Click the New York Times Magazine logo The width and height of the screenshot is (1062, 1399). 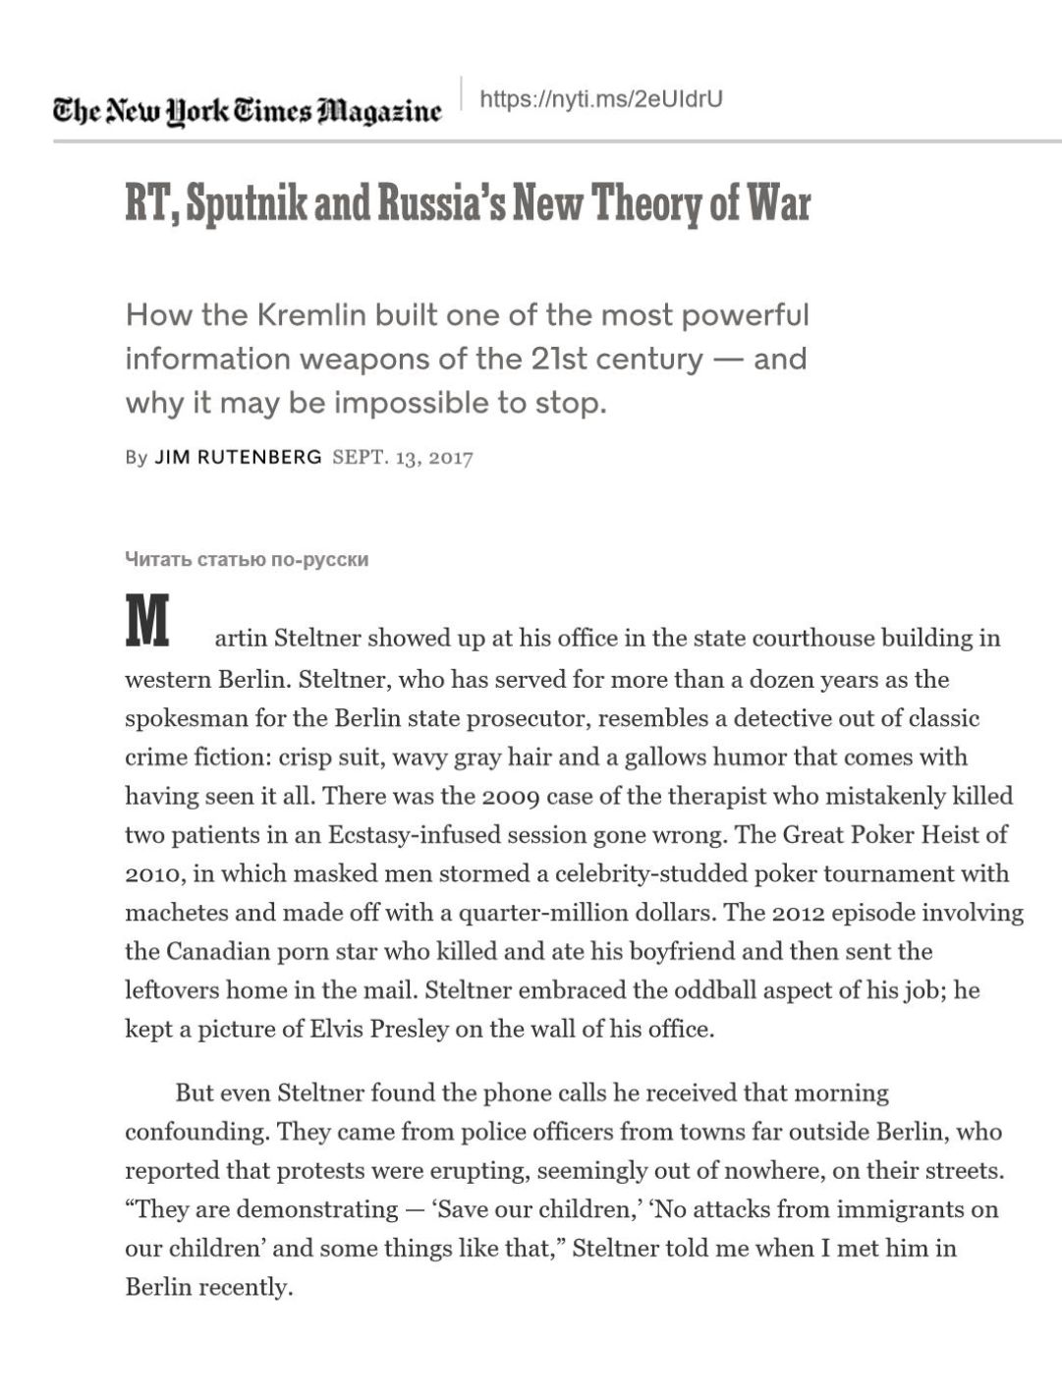point(247,110)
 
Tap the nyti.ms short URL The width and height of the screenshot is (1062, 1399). point(600,99)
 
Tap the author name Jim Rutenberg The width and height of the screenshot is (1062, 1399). point(238,457)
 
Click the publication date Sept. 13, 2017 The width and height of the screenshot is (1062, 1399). point(403,458)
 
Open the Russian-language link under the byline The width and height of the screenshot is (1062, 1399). point(247,560)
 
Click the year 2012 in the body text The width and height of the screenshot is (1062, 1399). point(798,913)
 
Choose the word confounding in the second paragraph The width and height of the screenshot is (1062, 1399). point(196,1132)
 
